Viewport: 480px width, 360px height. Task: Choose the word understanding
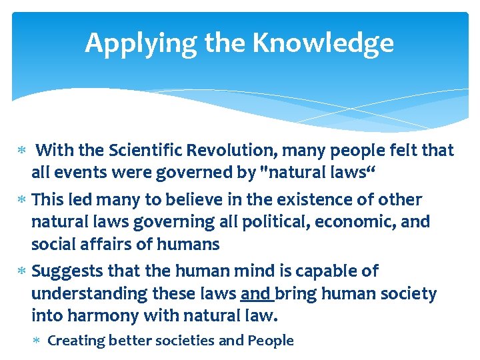[83, 294]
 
